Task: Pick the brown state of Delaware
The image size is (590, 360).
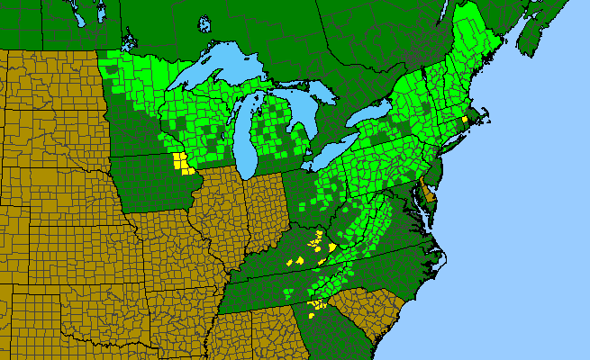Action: pyautogui.click(x=429, y=192)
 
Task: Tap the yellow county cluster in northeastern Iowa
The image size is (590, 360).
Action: pyautogui.click(x=183, y=164)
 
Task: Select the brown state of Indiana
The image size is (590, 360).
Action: pyautogui.click(x=267, y=207)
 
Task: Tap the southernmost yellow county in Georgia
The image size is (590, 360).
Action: pyautogui.click(x=314, y=316)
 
